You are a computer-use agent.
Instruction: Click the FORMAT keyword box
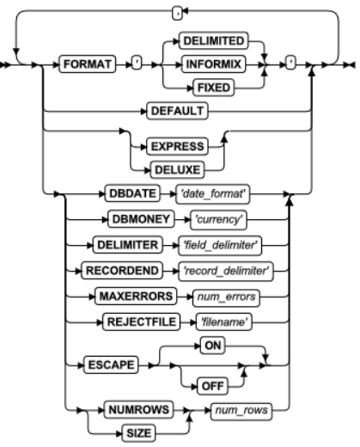point(88,64)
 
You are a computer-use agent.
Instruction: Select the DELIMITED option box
point(213,40)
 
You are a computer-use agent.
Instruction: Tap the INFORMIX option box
point(213,64)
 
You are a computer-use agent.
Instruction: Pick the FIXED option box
point(214,88)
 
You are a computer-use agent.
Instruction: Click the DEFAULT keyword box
point(177,111)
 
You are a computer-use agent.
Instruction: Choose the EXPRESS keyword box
point(177,146)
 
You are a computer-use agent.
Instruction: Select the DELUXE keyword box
point(177,170)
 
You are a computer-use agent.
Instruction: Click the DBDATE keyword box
point(132,193)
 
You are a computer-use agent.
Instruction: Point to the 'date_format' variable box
point(213,194)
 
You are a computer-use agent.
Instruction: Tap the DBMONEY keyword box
point(141,219)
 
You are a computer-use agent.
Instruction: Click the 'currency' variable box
point(218,220)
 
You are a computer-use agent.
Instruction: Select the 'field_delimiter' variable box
point(220,245)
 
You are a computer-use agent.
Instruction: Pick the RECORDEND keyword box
point(122,271)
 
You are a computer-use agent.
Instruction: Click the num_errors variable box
point(226,297)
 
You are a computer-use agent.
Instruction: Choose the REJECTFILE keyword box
point(142,321)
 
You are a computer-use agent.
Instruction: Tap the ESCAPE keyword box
point(111,364)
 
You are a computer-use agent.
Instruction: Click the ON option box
point(212,346)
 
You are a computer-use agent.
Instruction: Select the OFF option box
point(212,386)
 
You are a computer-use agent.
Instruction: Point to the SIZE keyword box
point(138,433)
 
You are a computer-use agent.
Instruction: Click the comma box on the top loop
point(177,14)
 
